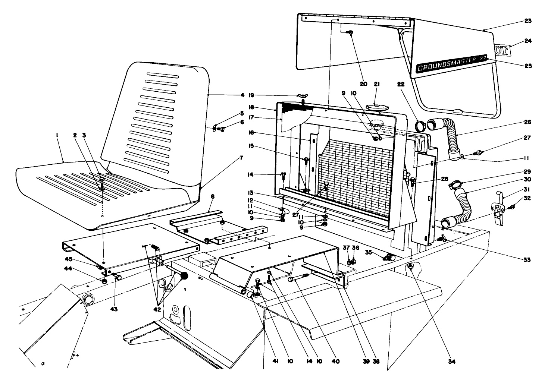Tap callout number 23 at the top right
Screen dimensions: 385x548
click(528, 21)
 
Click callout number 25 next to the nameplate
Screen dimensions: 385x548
click(528, 66)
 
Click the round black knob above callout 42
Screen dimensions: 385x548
click(184, 276)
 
